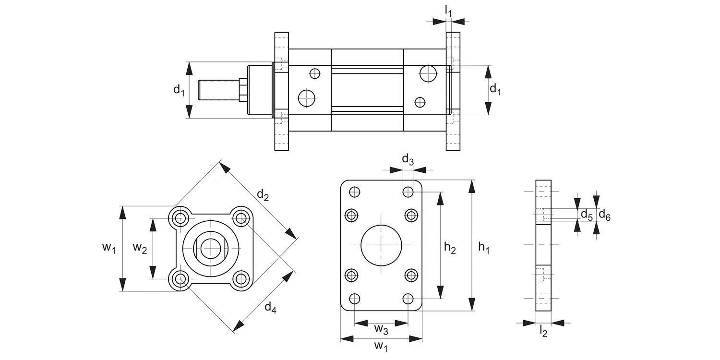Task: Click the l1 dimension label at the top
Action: (x=448, y=10)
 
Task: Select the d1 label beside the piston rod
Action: (x=179, y=90)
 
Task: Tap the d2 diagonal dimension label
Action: (x=263, y=194)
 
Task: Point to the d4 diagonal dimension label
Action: (x=270, y=308)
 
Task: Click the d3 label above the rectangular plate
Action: (x=408, y=160)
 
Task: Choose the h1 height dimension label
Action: (x=484, y=248)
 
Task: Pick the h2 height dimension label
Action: (x=450, y=248)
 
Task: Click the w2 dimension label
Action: (x=140, y=248)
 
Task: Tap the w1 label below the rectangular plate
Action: (x=381, y=346)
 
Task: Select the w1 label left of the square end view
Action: (x=109, y=248)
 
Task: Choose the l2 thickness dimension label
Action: (x=543, y=331)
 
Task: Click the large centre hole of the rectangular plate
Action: (x=381, y=245)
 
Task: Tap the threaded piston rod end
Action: (x=219, y=90)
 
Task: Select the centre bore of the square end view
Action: (x=211, y=248)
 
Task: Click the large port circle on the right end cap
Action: (x=428, y=73)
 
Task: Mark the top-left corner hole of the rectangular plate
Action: (x=355, y=192)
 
